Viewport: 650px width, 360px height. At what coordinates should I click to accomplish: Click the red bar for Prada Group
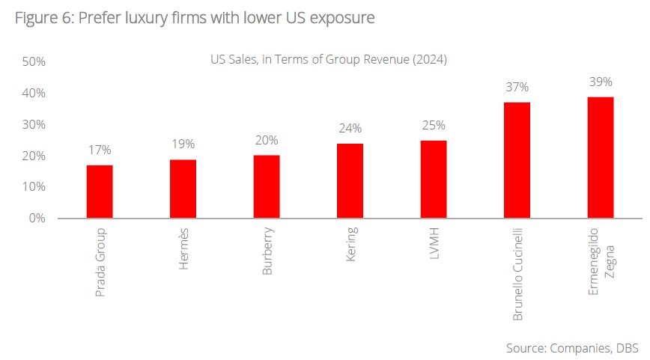point(100,192)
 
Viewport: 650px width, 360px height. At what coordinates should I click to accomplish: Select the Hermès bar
point(183,189)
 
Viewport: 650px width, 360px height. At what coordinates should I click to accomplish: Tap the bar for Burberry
point(267,186)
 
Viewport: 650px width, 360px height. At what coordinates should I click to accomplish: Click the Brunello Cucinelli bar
point(517,160)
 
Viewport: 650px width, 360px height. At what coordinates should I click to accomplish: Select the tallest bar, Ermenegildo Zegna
point(601,157)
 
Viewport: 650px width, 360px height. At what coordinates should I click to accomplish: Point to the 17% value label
point(100,150)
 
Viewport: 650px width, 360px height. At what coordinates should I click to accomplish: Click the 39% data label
point(601,82)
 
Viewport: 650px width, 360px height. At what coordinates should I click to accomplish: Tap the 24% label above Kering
point(350,128)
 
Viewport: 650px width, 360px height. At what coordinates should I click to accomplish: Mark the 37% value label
point(517,88)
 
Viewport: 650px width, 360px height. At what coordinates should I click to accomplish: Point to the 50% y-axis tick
point(34,61)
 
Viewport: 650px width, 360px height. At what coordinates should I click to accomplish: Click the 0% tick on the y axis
point(37,219)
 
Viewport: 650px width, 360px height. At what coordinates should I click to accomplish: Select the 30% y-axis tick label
point(34,124)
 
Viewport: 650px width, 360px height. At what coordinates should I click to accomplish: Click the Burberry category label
point(267,252)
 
